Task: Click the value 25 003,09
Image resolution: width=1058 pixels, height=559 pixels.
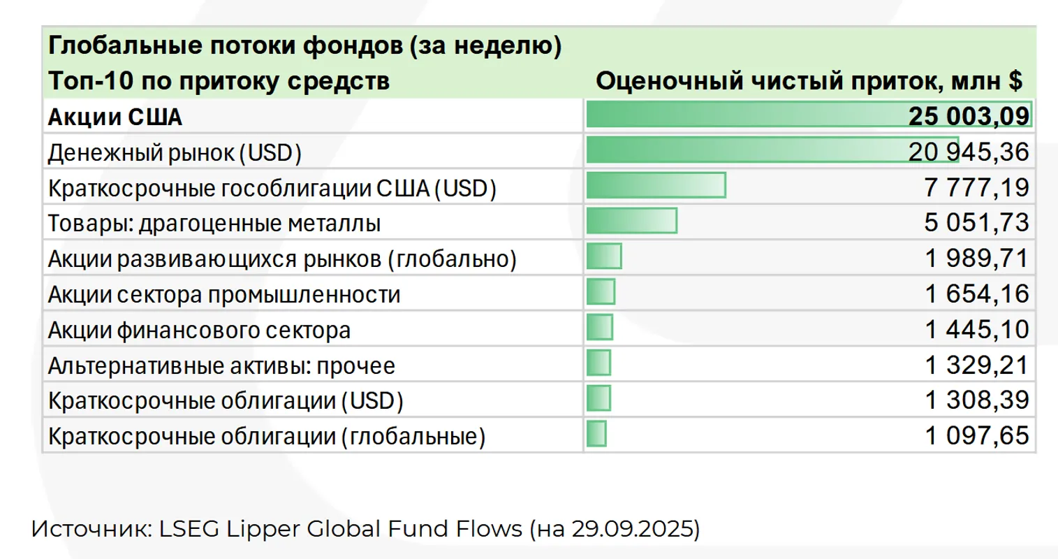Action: [x=969, y=116]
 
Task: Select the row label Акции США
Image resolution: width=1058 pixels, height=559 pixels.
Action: [x=115, y=117]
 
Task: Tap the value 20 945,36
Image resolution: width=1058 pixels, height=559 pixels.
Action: [x=969, y=152]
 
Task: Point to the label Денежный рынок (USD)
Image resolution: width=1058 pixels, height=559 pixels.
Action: [x=175, y=152]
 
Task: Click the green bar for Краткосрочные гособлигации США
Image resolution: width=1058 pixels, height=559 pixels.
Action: [x=656, y=186]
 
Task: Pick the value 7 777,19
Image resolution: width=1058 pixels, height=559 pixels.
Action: [x=976, y=187]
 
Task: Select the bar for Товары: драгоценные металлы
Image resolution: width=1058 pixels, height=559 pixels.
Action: [x=631, y=222]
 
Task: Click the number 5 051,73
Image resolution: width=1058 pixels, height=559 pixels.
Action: [x=976, y=223]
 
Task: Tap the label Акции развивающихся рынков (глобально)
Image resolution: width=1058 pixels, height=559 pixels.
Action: [x=282, y=259]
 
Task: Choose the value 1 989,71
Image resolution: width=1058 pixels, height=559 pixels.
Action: [x=976, y=259]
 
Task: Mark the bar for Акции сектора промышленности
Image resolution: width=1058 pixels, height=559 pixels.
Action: [x=601, y=292]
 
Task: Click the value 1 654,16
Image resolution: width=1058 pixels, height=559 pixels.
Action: [x=976, y=294]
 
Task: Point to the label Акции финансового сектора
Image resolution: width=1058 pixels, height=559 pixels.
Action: [x=199, y=330]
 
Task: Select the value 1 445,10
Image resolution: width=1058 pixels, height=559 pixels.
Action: [x=976, y=329]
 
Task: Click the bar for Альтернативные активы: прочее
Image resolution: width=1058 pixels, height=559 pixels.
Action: [x=598, y=363]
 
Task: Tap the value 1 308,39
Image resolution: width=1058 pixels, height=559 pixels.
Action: [x=976, y=400]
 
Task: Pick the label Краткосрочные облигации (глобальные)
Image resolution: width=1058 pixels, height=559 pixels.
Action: [x=267, y=437]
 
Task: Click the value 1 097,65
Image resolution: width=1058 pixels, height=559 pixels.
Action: [x=976, y=436]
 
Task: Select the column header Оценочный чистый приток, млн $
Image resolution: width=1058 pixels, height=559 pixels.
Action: [x=809, y=81]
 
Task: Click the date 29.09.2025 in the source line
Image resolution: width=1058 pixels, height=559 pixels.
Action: [x=633, y=529]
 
